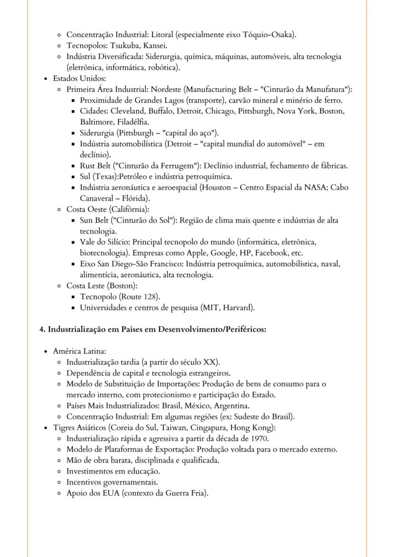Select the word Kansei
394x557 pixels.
(x=155, y=46)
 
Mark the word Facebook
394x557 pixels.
(x=273, y=253)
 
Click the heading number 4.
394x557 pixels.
(x=41, y=329)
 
